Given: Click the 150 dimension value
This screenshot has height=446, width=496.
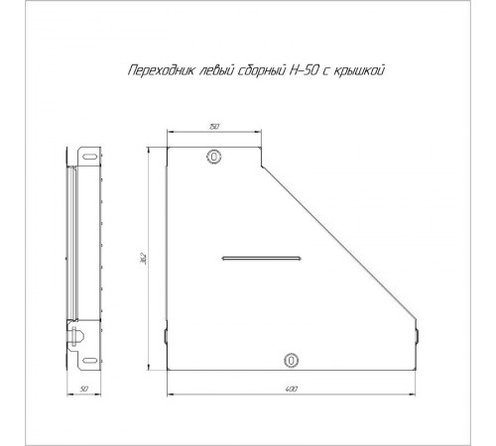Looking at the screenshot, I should [x=214, y=128].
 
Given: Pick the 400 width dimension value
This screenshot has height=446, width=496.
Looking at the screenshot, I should [x=292, y=390].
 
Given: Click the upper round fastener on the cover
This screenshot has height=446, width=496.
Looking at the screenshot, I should [x=214, y=157].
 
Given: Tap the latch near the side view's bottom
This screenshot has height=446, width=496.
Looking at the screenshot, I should [x=71, y=336].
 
